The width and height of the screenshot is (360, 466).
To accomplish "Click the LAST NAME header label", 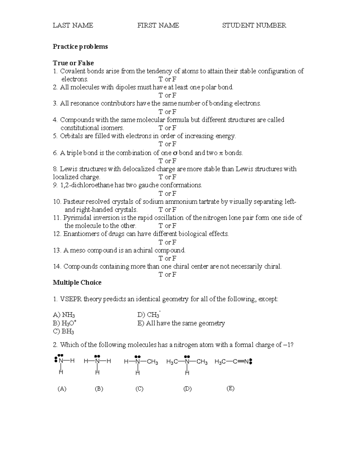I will (x=73, y=26).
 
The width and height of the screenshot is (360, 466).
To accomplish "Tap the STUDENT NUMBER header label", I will (x=254, y=26).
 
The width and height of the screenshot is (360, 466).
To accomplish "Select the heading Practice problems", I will (x=80, y=47).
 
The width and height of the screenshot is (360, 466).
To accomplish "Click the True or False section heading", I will (x=73, y=63).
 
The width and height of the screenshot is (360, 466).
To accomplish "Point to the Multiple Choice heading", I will (x=77, y=283).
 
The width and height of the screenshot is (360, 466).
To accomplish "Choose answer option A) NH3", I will (x=64, y=315).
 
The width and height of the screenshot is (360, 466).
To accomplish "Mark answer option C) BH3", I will (x=63, y=332).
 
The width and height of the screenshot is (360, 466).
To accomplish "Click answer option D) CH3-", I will (x=149, y=315).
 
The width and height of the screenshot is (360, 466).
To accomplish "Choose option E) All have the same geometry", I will (x=181, y=323).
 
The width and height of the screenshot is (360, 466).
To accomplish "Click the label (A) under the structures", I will (x=62, y=389).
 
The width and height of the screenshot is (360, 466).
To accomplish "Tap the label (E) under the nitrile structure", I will (x=230, y=389).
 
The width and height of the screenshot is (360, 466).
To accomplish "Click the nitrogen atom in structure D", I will (x=187, y=362).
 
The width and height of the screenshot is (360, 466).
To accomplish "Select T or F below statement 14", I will (x=167, y=275).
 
